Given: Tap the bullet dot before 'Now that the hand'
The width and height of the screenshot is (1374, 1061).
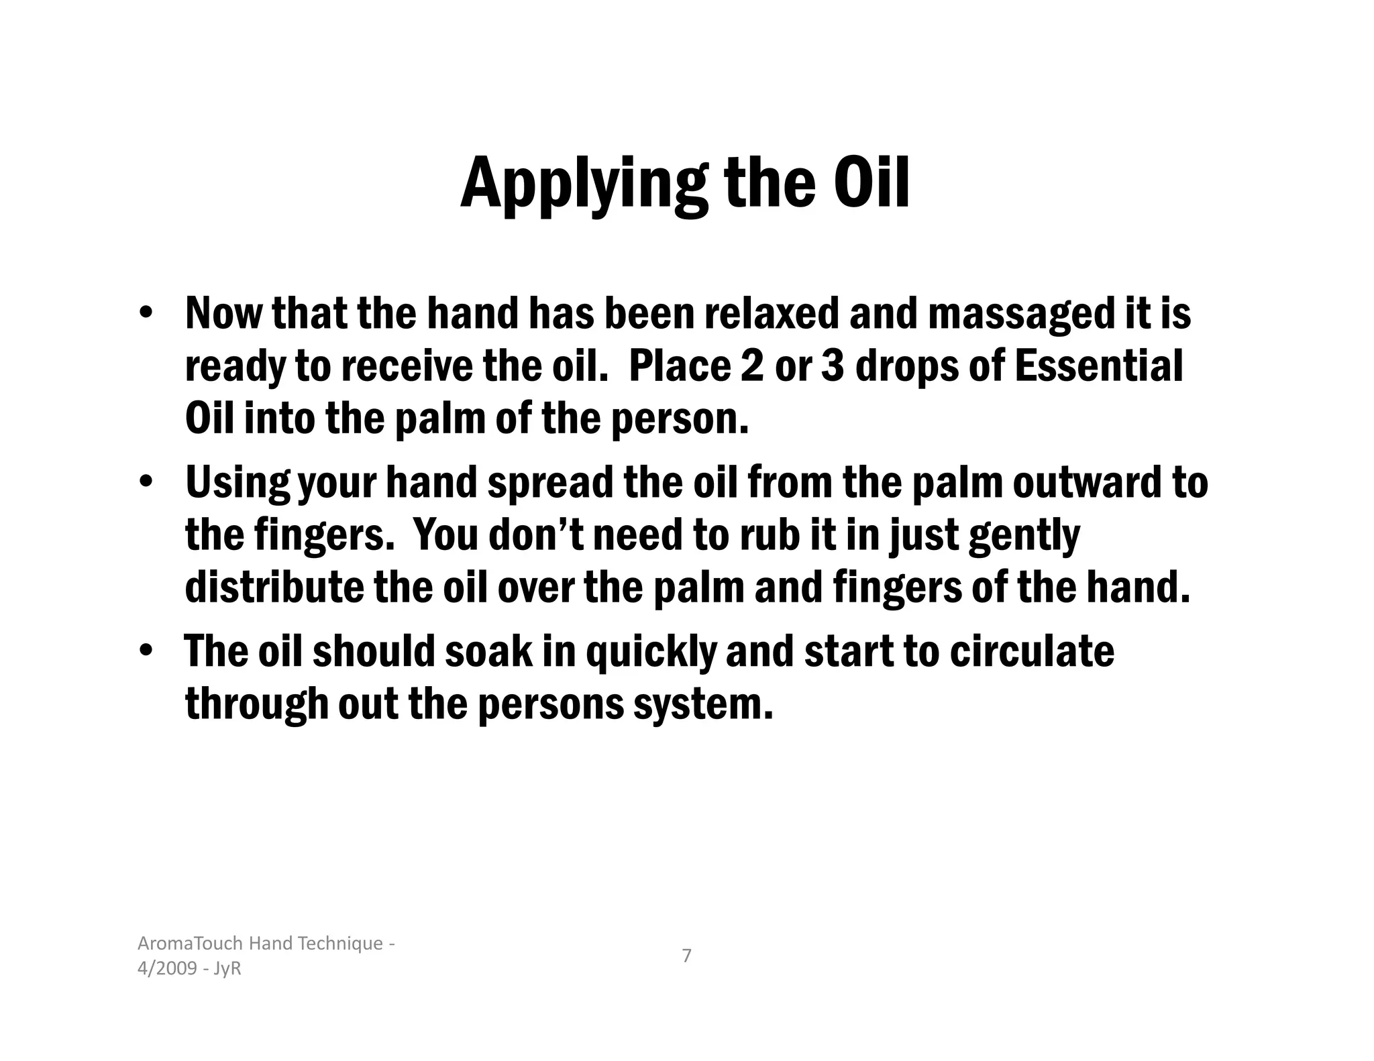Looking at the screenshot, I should point(145,314).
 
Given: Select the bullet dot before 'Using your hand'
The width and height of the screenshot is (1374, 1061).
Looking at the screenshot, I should point(145,482).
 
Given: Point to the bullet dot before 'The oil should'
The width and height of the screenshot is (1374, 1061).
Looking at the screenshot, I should point(145,651).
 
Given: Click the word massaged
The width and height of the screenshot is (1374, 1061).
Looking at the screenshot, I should point(1018,315).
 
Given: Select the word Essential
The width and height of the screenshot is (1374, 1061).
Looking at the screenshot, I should point(1098,366).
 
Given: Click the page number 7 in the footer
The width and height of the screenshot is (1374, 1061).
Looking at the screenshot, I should point(686,956).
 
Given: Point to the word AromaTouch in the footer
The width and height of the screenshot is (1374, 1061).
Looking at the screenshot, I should point(191,944).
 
